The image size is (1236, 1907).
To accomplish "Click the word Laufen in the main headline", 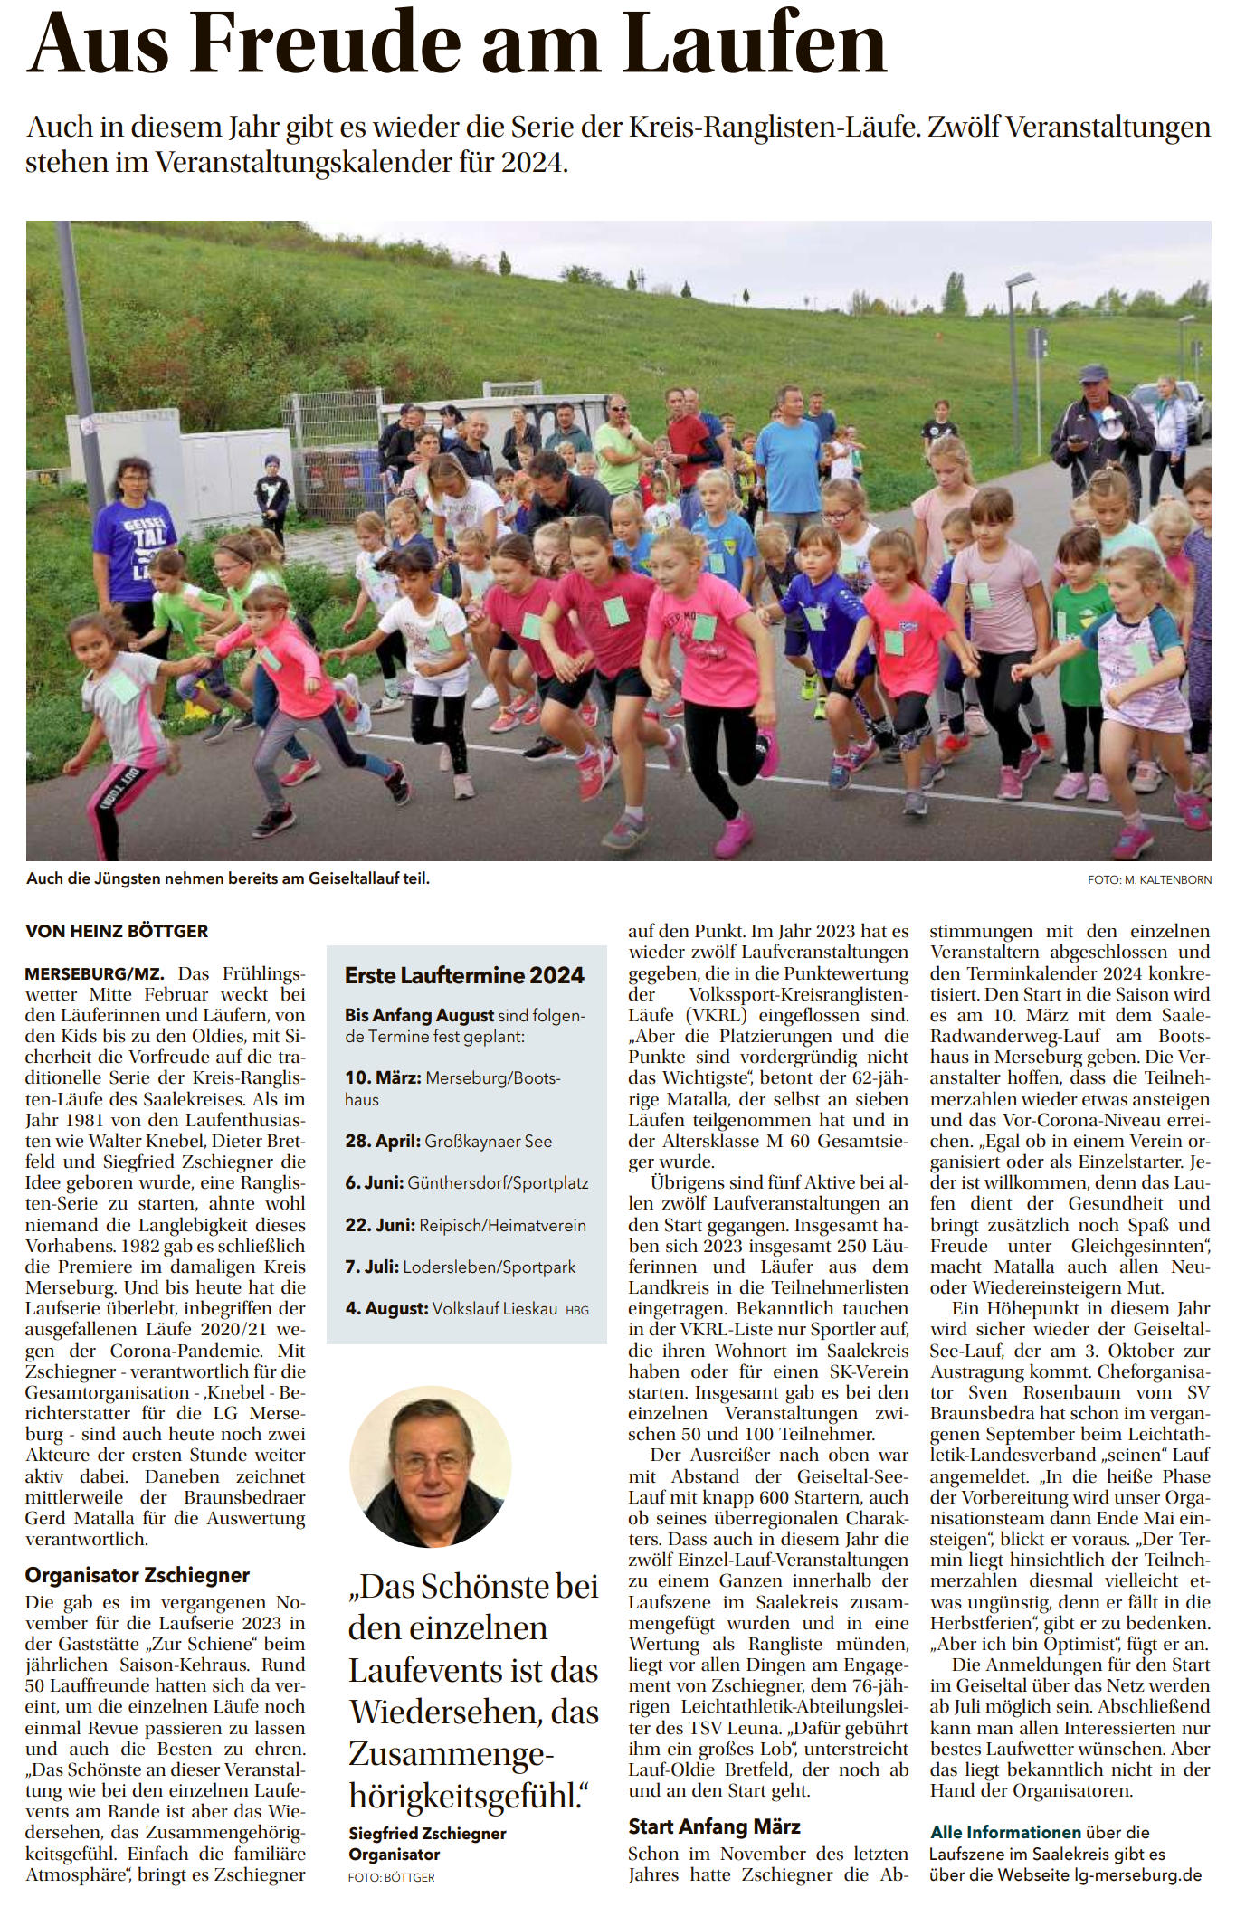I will tap(754, 43).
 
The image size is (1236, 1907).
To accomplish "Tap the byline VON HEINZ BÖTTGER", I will tap(117, 931).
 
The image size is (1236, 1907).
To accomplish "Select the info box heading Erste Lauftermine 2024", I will tap(464, 975).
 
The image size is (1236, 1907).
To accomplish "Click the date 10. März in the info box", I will tap(383, 1078).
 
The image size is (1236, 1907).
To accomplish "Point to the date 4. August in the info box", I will tap(386, 1308).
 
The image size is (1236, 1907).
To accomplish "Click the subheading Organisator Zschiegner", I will tap(138, 1575).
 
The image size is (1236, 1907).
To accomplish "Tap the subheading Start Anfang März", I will tap(714, 1826).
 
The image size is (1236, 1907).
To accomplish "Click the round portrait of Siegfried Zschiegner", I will tap(431, 1466).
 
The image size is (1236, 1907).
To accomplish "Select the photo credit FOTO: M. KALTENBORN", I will tap(1149, 879).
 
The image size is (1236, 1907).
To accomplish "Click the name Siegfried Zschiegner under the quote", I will tap(428, 1834).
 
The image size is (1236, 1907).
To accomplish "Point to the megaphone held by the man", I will tap(1109, 421).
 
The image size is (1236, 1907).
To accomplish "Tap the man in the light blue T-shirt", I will tap(789, 461).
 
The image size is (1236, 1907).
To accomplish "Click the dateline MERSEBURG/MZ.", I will tap(94, 974).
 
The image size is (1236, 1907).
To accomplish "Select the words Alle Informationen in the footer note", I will tap(1005, 1832).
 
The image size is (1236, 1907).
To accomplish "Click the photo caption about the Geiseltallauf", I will tap(228, 878).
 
